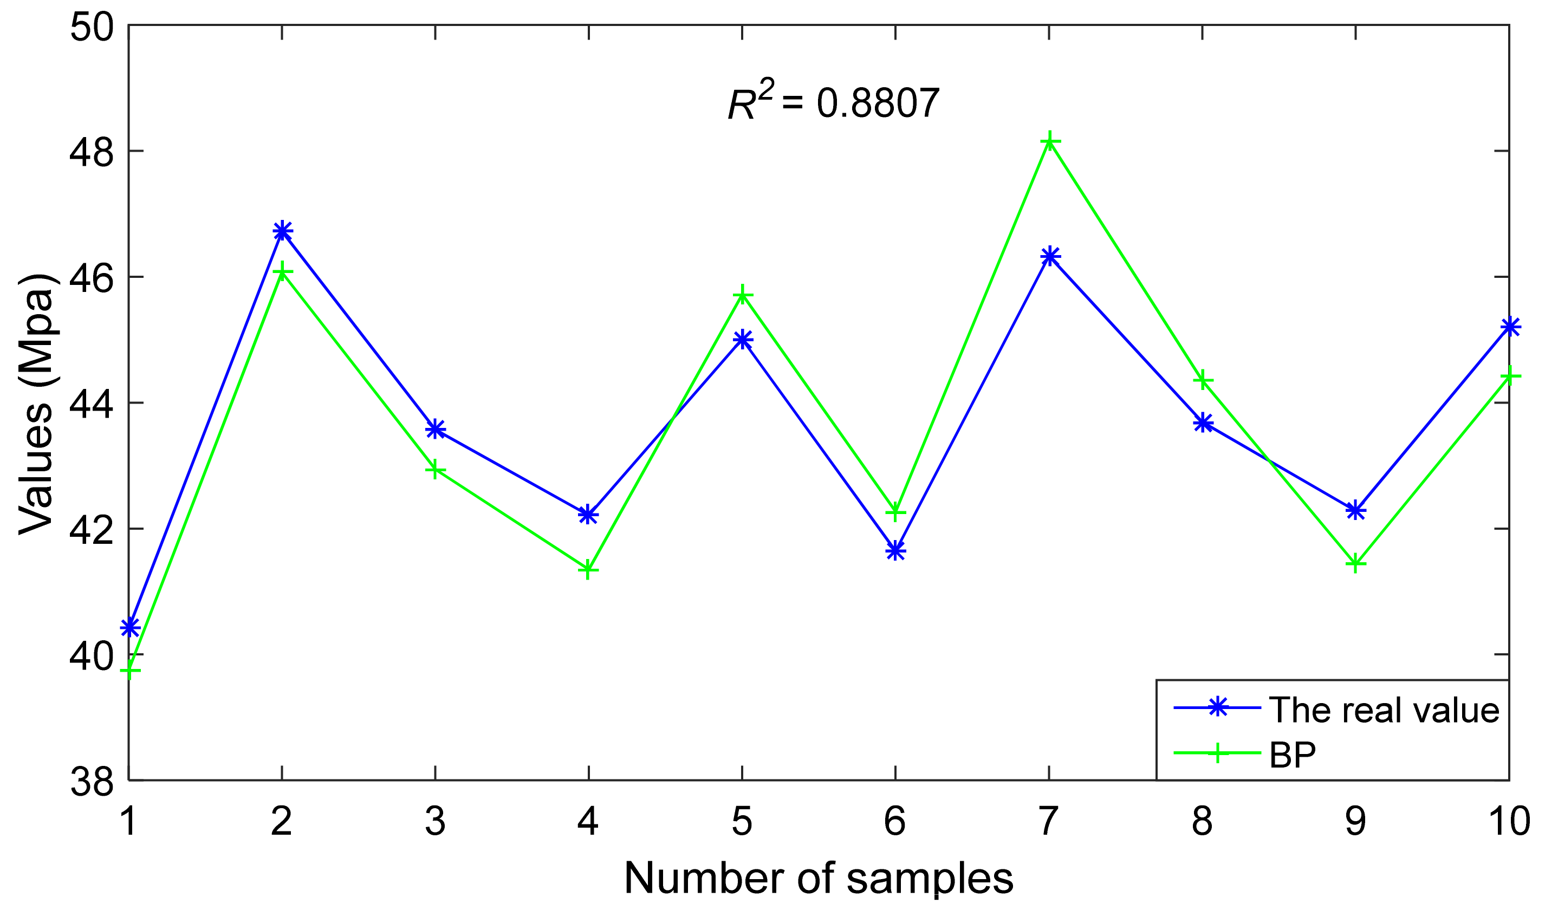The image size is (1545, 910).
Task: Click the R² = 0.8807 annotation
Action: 833,102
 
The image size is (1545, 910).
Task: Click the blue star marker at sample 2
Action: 282,232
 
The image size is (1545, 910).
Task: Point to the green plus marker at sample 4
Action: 588,569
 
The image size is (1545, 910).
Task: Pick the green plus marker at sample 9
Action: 1355,563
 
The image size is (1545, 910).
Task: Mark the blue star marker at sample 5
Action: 743,339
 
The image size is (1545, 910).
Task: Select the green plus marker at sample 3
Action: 436,470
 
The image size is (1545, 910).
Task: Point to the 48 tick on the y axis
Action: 92,152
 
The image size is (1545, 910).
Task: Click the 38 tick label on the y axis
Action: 92,782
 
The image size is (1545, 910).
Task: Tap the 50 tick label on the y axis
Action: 92,28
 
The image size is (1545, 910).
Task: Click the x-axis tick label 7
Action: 1049,822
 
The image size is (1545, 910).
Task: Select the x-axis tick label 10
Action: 1508,822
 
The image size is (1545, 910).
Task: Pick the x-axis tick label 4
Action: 588,822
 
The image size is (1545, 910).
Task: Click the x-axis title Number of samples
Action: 819,879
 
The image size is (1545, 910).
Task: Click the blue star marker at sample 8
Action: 1203,422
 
